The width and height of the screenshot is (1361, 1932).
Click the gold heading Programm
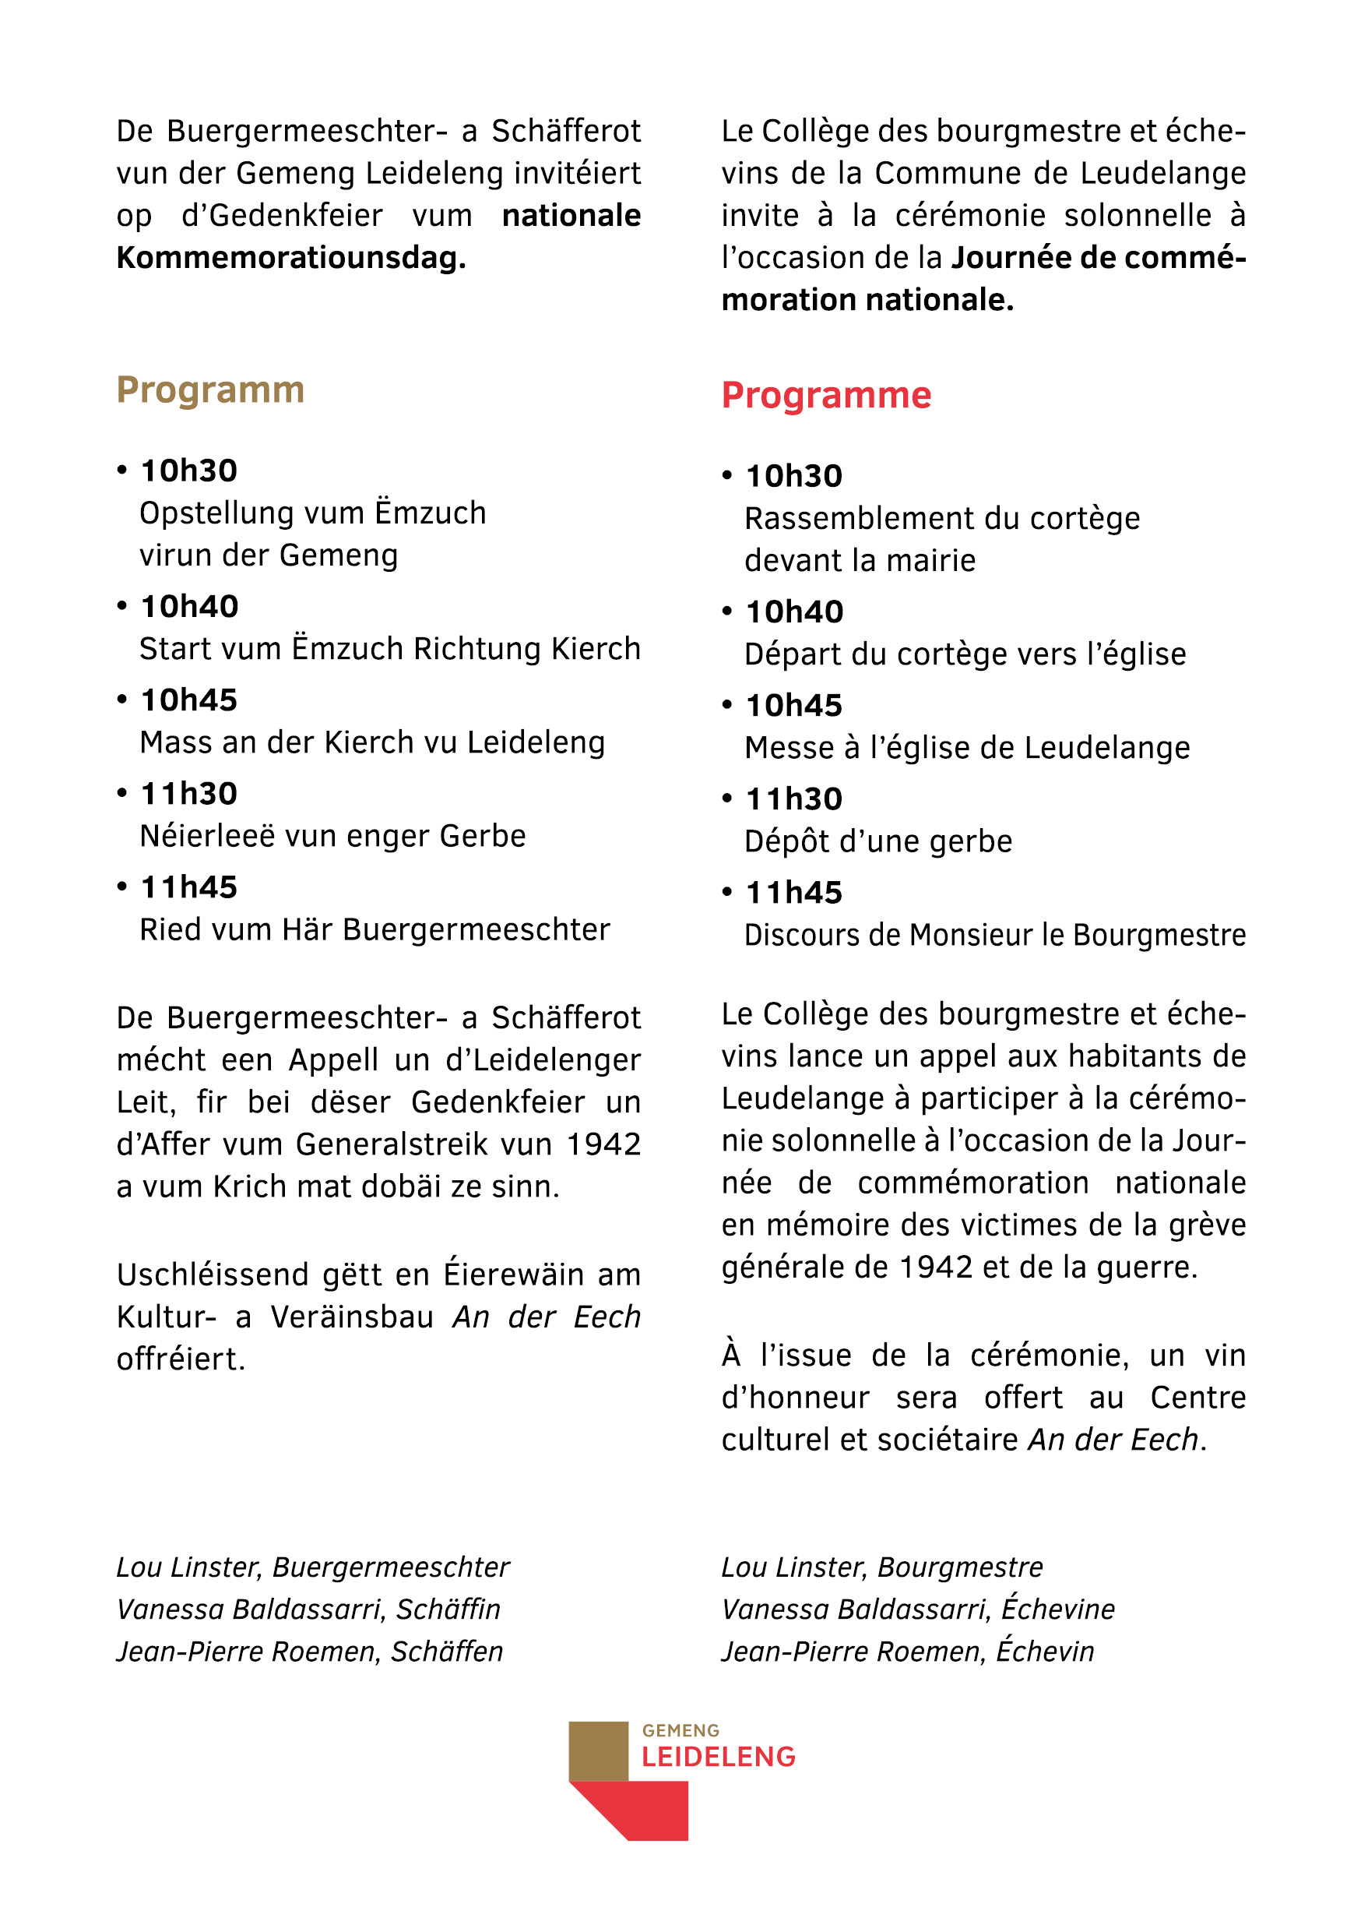[x=210, y=390]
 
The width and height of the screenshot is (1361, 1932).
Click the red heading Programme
[x=826, y=396]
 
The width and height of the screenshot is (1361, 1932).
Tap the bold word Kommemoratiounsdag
[x=291, y=258]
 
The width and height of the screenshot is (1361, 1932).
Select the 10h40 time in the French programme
[x=794, y=612]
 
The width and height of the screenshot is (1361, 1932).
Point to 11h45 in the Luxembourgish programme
[x=189, y=887]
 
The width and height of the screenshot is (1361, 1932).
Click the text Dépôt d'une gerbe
[x=878, y=841]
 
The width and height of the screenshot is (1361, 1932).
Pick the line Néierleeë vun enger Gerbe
[x=332, y=837]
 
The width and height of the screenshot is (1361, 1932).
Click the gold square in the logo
[x=598, y=1751]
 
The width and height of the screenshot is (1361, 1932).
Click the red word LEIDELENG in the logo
[x=719, y=1757]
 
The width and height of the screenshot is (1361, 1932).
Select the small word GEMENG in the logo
[x=680, y=1731]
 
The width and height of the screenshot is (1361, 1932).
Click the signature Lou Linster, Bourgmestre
[x=881, y=1567]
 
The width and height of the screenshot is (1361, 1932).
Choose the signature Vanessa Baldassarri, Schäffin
[x=308, y=1609]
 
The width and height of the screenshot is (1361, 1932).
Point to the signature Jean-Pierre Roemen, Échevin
[x=908, y=1651]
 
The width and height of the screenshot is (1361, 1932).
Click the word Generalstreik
[x=391, y=1144]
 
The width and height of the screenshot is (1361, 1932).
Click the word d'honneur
[x=795, y=1398]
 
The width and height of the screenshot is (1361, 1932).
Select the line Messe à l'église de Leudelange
[x=967, y=748]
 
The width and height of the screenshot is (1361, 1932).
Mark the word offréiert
[x=181, y=1359]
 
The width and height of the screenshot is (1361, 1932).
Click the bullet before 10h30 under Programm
[x=122, y=471]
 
